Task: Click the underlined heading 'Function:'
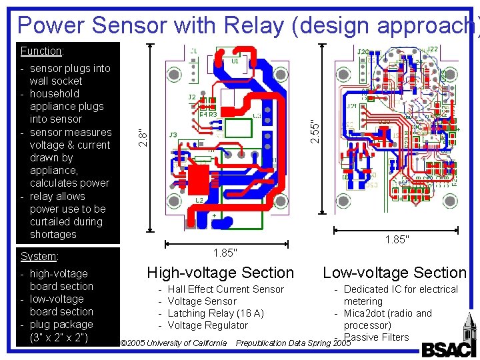(x=41, y=51)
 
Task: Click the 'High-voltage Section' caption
(x=220, y=273)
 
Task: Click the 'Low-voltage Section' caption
(x=395, y=273)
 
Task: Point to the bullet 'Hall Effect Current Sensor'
(x=225, y=289)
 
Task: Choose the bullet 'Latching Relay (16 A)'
(x=215, y=313)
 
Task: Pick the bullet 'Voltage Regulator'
(x=207, y=325)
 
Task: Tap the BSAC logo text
(x=449, y=348)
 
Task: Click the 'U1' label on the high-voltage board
(x=235, y=61)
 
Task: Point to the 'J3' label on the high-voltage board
(x=173, y=135)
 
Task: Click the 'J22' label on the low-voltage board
(x=432, y=50)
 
